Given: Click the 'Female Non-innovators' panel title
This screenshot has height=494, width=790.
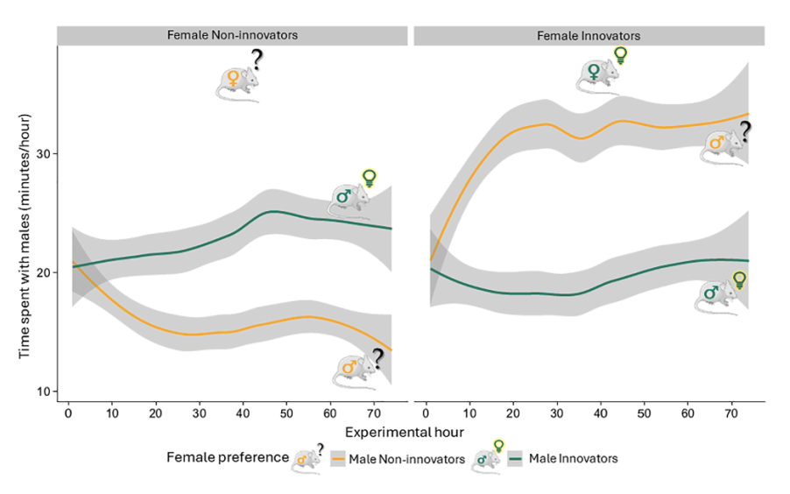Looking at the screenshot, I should tap(233, 36).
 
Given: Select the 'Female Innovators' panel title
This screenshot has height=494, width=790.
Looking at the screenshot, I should tap(589, 36).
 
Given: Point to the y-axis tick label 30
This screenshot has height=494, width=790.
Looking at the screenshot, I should tap(42, 154).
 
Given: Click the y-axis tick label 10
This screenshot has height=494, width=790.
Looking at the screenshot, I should tap(42, 391).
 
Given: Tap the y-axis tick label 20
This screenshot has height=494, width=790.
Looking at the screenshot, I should tap(42, 272).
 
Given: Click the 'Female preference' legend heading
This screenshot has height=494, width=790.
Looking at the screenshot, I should tap(228, 457).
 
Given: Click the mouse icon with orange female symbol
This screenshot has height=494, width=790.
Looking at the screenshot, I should tap(237, 81).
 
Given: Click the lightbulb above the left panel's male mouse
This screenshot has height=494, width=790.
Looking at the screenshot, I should tap(370, 178).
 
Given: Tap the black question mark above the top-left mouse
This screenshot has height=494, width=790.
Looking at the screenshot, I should tap(257, 60).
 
